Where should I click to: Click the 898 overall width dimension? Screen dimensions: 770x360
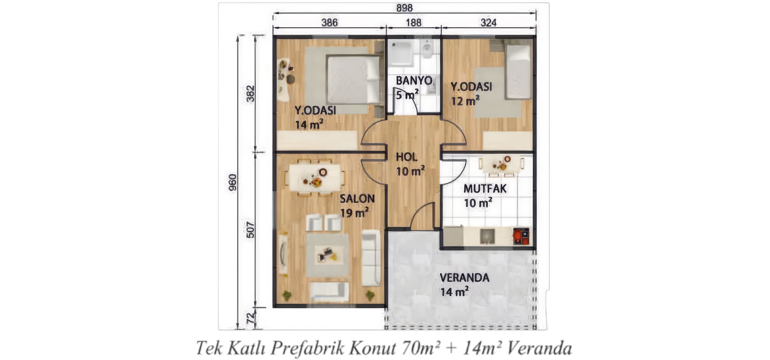[x=404, y=8]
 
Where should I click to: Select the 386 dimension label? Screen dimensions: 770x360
[x=330, y=23]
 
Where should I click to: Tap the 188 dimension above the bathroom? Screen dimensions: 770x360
[x=413, y=23]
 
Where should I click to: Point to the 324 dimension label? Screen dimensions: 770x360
[x=488, y=23]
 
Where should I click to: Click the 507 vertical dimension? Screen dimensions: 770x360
[x=250, y=229]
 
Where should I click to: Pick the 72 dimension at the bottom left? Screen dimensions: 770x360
[x=250, y=318]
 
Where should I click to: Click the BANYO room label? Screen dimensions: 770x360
[x=414, y=80]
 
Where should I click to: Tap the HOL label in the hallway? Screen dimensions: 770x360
[x=407, y=157]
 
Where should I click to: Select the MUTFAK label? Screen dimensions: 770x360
[x=485, y=189]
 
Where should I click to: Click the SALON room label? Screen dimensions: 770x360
[x=357, y=199]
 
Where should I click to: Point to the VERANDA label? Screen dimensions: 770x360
[x=464, y=278]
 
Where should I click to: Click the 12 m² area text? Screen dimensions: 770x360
[x=465, y=101]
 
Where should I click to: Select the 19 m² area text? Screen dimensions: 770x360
[x=354, y=213]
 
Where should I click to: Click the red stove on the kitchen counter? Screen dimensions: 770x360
[x=521, y=236]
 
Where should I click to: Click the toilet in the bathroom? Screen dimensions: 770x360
[x=427, y=49]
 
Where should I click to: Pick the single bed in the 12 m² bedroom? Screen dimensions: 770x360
[x=518, y=72]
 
